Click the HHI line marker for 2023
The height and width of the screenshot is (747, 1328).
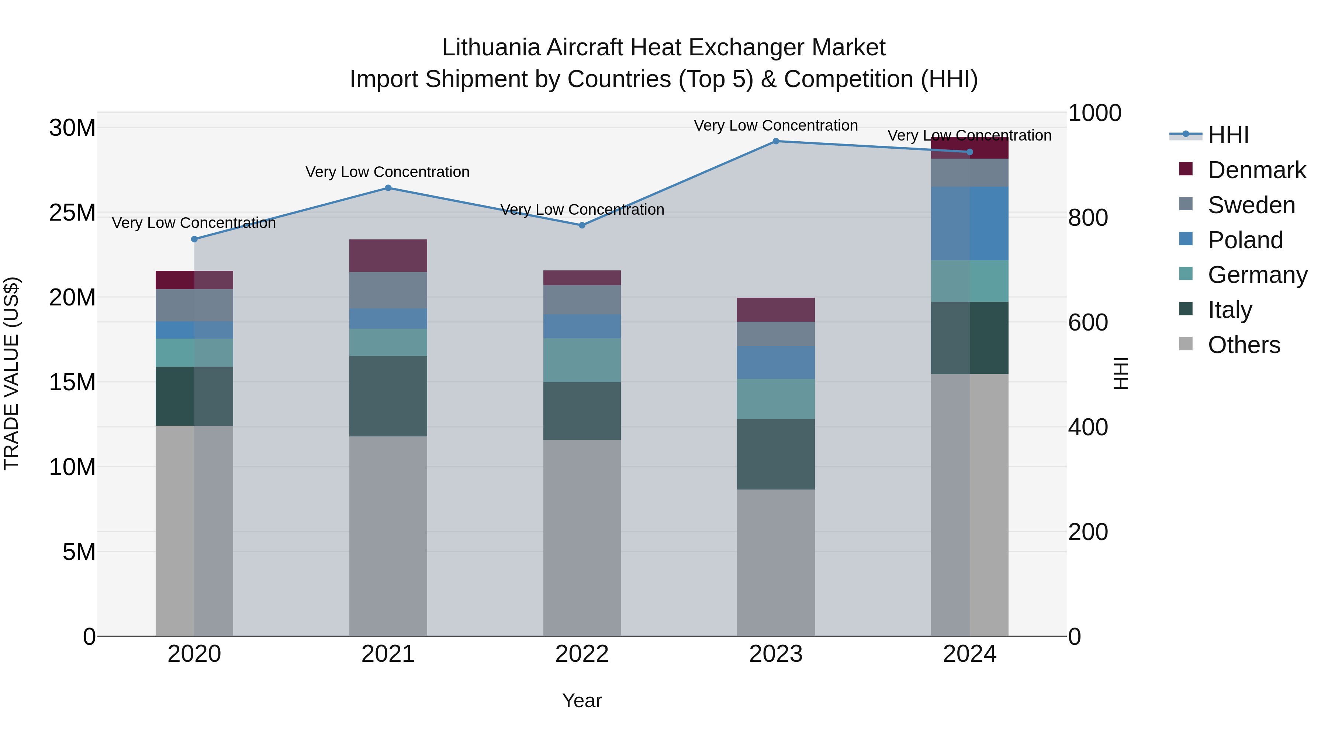pyautogui.click(x=775, y=141)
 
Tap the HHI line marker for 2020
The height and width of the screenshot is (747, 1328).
pyautogui.click(x=194, y=239)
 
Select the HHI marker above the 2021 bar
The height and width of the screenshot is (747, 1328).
pyautogui.click(x=388, y=188)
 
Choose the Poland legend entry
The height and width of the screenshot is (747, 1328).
pyautogui.click(x=1245, y=240)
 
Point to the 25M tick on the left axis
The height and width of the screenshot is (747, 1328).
pyautogui.click(x=72, y=212)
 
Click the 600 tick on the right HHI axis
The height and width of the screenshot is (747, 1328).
pyautogui.click(x=1088, y=323)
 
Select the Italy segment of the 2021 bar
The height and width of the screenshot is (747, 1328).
pyautogui.click(x=388, y=396)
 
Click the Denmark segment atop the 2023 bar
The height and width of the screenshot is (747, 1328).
pyautogui.click(x=775, y=310)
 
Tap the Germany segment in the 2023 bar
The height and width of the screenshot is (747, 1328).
pyautogui.click(x=775, y=399)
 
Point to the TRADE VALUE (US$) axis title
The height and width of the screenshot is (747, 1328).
pyautogui.click(x=11, y=373)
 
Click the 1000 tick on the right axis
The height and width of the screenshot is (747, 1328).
pyautogui.click(x=1094, y=113)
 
